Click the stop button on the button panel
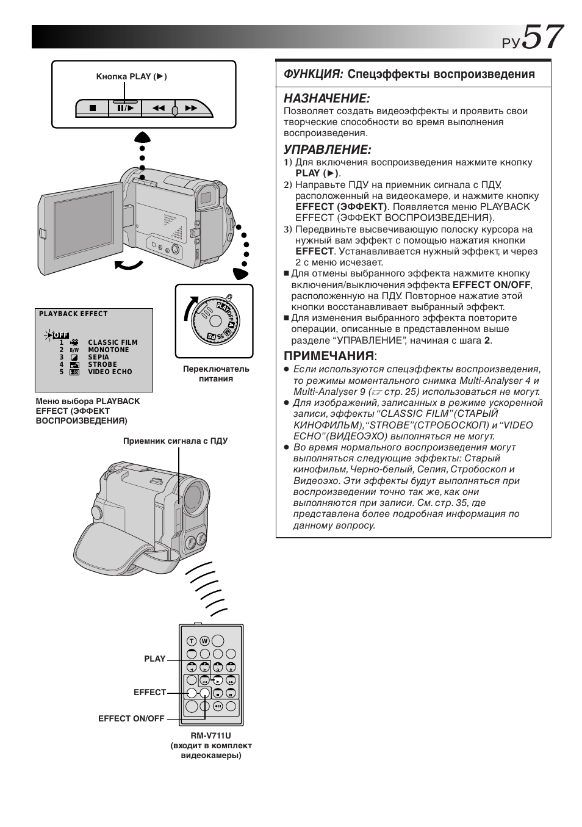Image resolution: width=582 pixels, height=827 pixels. [93, 109]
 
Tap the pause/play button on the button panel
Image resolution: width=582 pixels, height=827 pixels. [125, 109]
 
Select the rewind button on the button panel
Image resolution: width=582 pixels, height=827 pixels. [159, 109]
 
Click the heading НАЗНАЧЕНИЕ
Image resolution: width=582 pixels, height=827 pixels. [327, 98]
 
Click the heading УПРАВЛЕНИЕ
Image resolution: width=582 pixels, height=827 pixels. [327, 150]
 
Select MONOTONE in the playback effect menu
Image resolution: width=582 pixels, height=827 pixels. [109, 350]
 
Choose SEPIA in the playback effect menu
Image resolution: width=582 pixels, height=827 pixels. [99, 357]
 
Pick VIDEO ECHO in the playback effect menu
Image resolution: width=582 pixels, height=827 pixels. [110, 372]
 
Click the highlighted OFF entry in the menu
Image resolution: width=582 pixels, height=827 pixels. [60, 334]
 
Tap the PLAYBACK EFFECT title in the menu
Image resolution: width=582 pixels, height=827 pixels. [73, 314]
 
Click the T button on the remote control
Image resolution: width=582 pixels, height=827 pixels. [192, 641]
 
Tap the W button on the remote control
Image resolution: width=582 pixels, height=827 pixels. [204, 641]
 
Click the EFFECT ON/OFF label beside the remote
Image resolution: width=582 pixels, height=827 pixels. [131, 719]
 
